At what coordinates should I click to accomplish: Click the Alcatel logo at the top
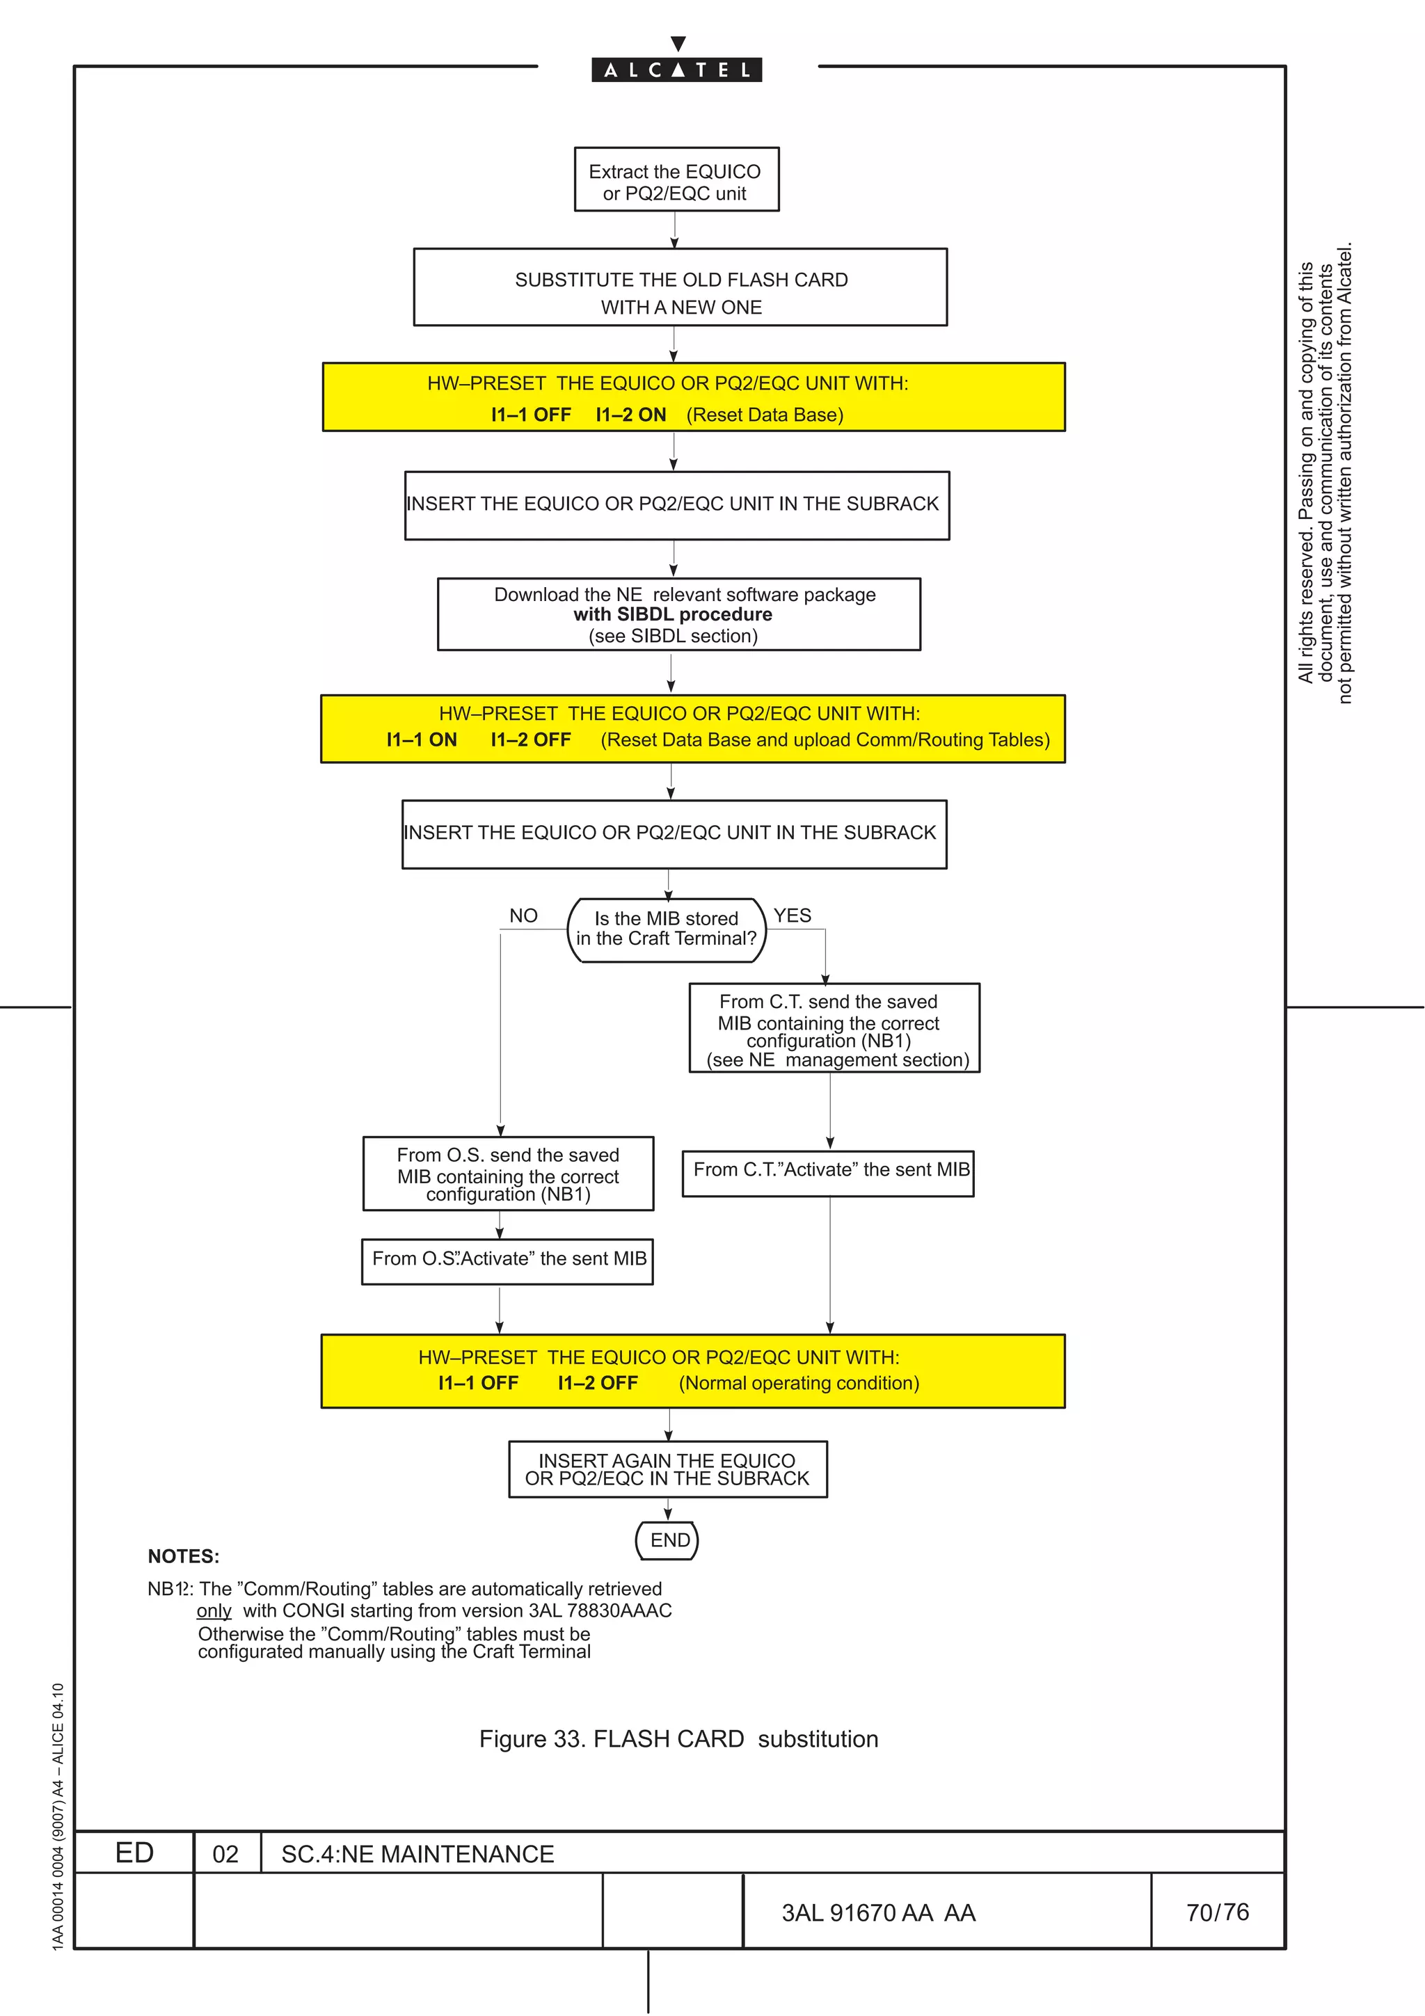[676, 70]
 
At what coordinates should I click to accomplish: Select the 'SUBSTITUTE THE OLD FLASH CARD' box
[680, 288]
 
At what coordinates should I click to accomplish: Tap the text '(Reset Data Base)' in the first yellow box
[765, 415]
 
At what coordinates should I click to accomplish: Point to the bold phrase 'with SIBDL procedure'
[673, 615]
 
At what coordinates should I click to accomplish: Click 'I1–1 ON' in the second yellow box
[422, 740]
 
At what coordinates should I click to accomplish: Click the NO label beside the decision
[523, 915]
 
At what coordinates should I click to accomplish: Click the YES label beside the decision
[792, 915]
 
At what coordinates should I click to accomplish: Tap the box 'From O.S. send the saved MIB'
[507, 1174]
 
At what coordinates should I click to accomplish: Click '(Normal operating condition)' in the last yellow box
[799, 1384]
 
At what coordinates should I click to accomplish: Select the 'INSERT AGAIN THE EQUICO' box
[667, 1470]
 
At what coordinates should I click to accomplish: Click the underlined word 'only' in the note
[214, 1611]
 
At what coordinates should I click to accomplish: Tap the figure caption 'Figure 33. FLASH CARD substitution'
[678, 1739]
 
